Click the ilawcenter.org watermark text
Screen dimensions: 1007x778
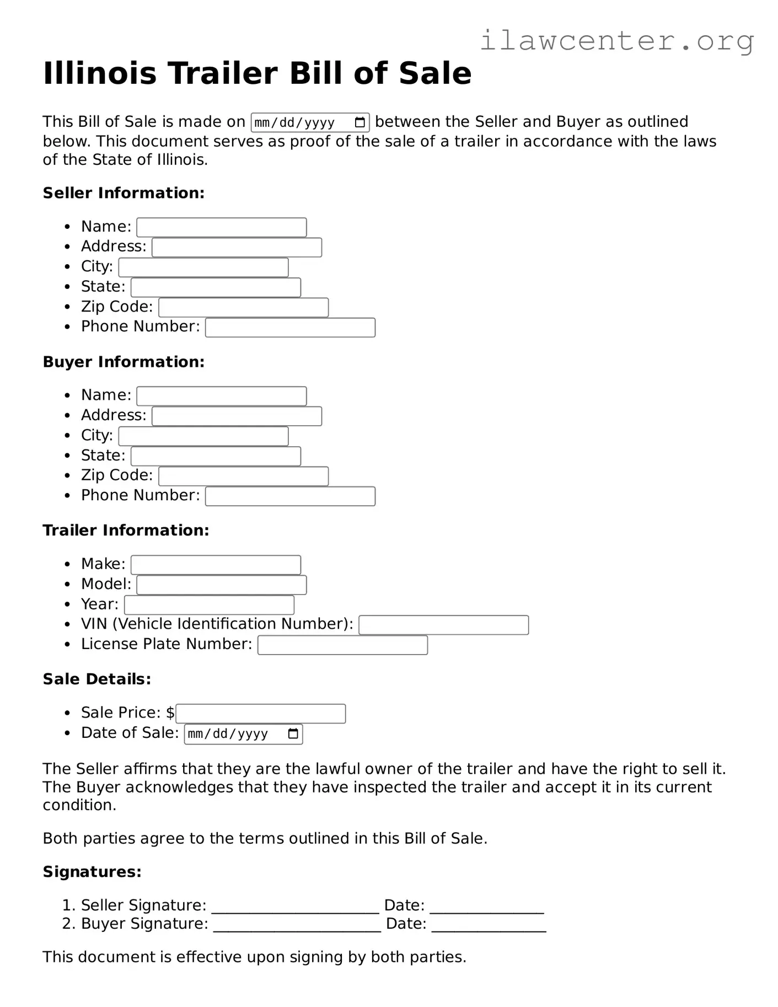click(616, 41)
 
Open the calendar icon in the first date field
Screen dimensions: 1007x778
click(360, 122)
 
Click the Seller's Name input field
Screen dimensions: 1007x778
click(221, 227)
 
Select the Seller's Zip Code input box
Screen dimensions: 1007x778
click(243, 307)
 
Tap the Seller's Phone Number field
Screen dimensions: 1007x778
click(290, 328)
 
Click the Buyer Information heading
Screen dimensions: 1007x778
click(124, 362)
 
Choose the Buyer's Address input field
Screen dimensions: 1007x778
click(237, 416)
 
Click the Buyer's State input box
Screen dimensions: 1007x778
click(216, 457)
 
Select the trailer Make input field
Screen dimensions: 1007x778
click(216, 565)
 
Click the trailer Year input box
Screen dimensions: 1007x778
click(209, 605)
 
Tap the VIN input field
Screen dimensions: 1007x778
click(443, 625)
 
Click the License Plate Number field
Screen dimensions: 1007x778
click(342, 645)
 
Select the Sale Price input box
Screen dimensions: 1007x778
click(260, 714)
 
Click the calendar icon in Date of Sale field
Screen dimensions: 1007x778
click(293, 734)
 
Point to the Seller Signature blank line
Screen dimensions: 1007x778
click(295, 907)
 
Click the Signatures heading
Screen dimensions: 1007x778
click(92, 872)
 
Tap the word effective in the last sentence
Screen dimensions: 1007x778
click(209, 957)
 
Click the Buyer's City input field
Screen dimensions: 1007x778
click(203, 436)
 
